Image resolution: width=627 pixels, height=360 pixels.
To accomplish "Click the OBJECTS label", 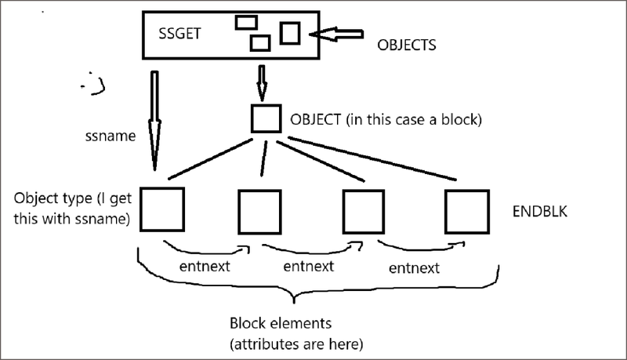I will coord(406,45).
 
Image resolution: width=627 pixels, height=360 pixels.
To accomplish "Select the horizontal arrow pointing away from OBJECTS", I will coord(338,35).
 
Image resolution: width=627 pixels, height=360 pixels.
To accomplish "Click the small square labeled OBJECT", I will coord(265,118).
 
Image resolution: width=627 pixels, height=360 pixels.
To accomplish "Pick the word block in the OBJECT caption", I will coord(461,121).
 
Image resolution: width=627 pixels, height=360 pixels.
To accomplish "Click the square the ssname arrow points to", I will coord(161,208).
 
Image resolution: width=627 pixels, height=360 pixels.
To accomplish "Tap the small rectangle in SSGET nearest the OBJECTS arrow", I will coord(290,33).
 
